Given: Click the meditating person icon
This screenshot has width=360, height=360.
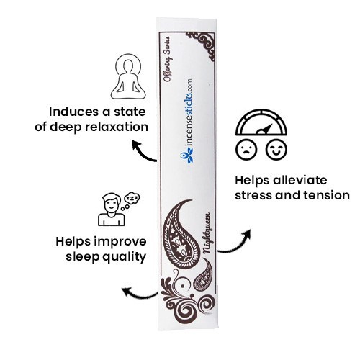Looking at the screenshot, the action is pyautogui.click(x=129, y=76).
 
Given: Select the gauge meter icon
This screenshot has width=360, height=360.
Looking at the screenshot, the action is pyautogui.click(x=261, y=122).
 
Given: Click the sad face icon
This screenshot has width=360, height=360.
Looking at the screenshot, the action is pyautogui.click(x=246, y=149).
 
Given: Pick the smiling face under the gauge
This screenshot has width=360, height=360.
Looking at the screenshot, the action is pyautogui.click(x=276, y=149).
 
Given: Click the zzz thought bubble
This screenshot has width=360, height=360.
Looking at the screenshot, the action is pyautogui.click(x=131, y=200).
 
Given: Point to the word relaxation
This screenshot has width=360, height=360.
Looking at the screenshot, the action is pyautogui.click(x=117, y=127).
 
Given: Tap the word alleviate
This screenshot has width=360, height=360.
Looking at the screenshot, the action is pyautogui.click(x=300, y=180).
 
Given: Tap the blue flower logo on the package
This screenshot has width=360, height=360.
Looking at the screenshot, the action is pyautogui.click(x=187, y=156).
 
